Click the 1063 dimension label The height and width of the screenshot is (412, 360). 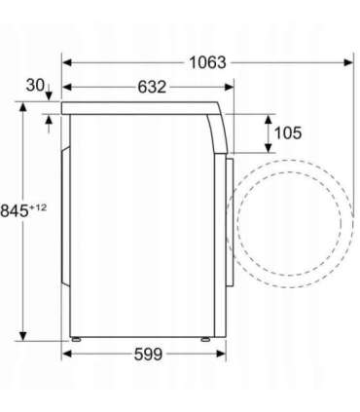[207, 62]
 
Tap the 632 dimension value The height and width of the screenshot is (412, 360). [152, 87]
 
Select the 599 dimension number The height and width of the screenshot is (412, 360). [148, 354]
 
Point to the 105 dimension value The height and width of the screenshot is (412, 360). [288, 132]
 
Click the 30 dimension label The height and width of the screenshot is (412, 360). [35, 85]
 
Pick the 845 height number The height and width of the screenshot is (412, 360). [15, 211]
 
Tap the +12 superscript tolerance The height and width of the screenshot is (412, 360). [38, 207]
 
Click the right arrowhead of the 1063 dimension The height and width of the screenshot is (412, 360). [348, 62]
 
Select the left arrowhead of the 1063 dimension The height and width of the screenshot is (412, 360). [67, 62]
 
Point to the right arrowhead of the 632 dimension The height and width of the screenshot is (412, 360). [229, 87]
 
